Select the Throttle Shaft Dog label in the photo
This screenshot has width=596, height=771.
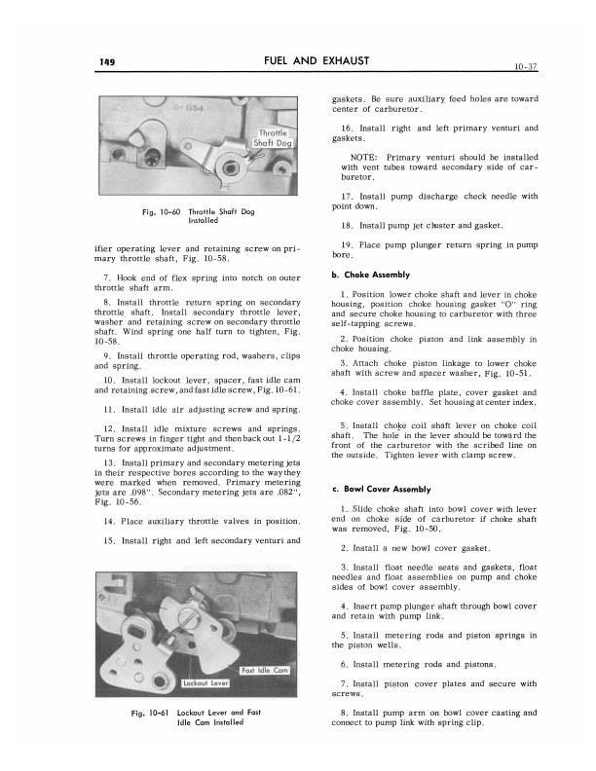click(x=273, y=137)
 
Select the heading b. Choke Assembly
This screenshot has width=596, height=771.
click(x=371, y=275)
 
